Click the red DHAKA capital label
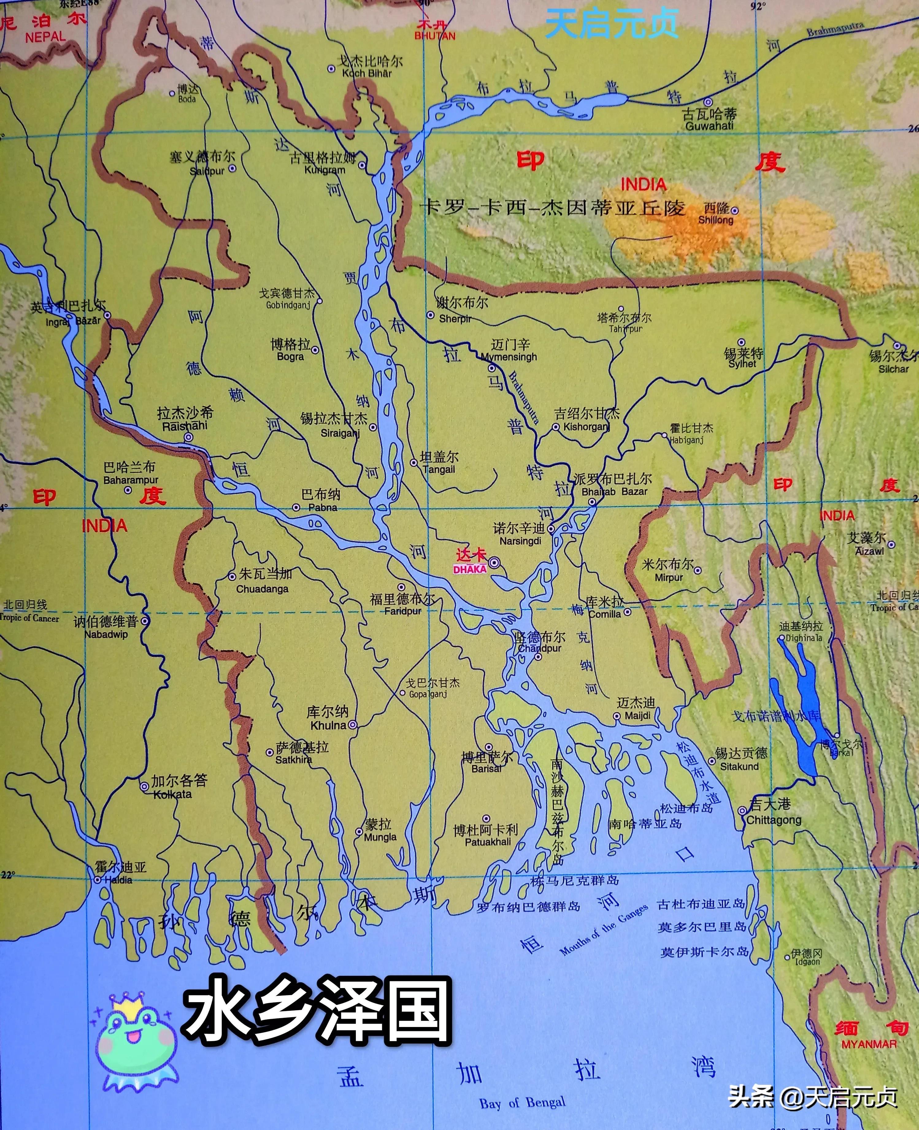[470, 569]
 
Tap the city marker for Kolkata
[144, 787]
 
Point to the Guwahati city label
[709, 126]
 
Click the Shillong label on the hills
[716, 220]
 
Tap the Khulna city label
[328, 725]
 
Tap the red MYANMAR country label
[869, 1044]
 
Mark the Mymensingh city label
[509, 357]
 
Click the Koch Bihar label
[367, 73]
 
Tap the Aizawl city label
[870, 551]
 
